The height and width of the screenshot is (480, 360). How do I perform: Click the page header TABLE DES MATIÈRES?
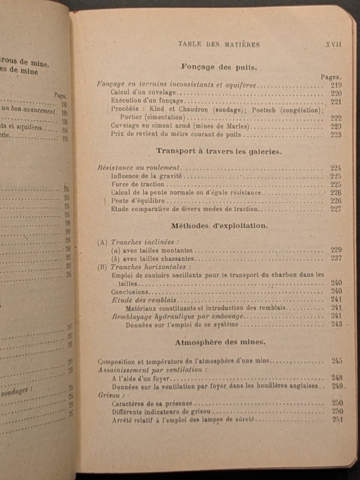(x=218, y=44)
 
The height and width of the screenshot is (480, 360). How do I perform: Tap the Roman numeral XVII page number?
(x=333, y=44)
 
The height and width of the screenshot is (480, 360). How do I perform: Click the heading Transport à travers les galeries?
(x=218, y=151)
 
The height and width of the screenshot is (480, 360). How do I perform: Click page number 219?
(x=335, y=85)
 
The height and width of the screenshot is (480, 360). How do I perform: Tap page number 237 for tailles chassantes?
(x=335, y=258)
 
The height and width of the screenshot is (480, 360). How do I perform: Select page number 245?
(x=336, y=361)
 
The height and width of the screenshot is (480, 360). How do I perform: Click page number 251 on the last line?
(x=336, y=419)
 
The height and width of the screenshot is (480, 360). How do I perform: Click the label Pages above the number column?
(x=331, y=77)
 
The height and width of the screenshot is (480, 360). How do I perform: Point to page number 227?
(x=335, y=209)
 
